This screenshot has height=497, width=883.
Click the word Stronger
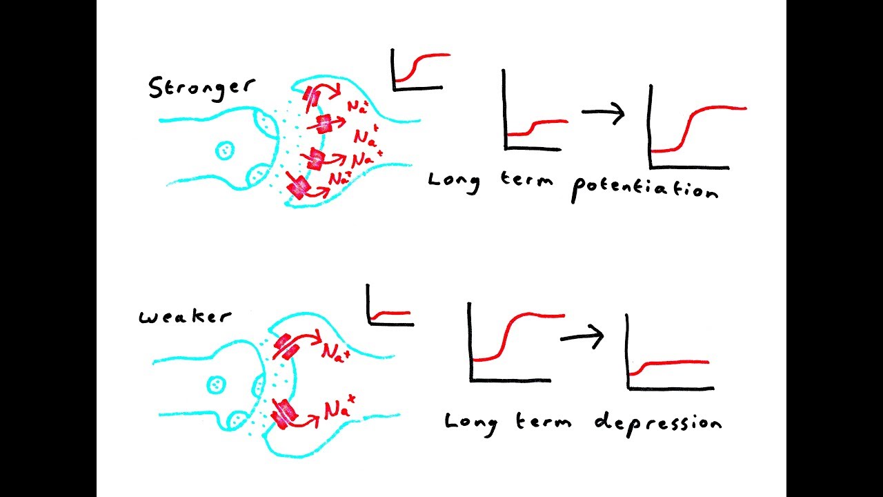pos(201,88)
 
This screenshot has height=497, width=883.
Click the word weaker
pos(185,317)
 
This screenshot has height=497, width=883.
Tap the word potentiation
pos(644,188)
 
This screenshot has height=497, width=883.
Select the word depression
pos(657,422)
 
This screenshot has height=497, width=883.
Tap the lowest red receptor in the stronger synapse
pos(299,187)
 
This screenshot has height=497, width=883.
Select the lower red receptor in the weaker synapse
pos(284,412)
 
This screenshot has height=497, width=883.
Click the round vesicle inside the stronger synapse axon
pos(225,150)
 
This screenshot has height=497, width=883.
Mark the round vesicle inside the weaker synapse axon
pos(215,382)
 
